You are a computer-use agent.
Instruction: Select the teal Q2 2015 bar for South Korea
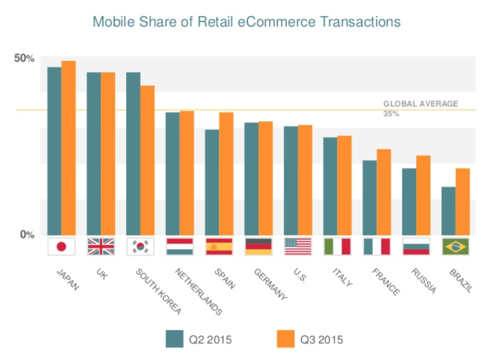133,154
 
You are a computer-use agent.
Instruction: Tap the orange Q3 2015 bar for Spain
226,174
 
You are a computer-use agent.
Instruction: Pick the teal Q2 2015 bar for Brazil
448,211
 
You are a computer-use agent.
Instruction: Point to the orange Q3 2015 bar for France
384,192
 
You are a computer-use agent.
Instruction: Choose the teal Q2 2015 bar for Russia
409,201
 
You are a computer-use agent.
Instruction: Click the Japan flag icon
62,247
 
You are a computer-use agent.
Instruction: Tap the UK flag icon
101,247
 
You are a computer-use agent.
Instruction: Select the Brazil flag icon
455,247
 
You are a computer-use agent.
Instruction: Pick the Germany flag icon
258,247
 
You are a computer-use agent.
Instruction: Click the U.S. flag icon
298,247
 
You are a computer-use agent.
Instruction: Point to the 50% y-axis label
24,59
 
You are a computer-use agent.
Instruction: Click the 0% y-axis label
27,235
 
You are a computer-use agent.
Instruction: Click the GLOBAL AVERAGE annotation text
420,104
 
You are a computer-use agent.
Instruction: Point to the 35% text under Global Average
391,114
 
